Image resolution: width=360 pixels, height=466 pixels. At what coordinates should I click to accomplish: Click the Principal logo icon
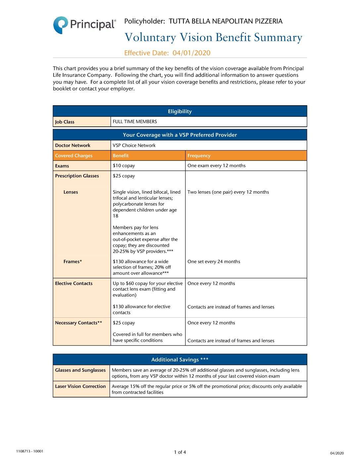click(61, 25)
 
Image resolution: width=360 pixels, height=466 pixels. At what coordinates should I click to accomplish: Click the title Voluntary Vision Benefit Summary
click(213, 37)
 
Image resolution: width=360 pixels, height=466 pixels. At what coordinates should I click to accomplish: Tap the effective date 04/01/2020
click(191, 53)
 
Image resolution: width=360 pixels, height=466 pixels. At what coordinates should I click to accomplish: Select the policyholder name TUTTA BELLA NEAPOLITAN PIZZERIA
click(225, 22)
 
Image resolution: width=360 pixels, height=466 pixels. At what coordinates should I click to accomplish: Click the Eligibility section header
click(180, 112)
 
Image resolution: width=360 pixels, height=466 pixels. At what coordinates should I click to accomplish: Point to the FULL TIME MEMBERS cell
click(135, 122)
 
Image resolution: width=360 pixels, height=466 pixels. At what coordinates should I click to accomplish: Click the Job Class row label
click(65, 122)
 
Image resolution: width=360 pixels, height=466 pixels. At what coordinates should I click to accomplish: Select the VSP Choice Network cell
click(134, 145)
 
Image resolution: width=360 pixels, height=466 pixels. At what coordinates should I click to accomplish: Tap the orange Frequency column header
click(199, 156)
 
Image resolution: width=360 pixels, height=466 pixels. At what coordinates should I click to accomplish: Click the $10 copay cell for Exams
click(124, 165)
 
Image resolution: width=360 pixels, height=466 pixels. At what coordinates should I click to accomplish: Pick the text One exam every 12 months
click(216, 165)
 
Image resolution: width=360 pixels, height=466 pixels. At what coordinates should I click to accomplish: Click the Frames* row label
click(73, 261)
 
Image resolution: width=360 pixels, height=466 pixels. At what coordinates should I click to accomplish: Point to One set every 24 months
click(214, 261)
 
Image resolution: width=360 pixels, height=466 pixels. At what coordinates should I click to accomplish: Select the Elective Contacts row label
click(74, 283)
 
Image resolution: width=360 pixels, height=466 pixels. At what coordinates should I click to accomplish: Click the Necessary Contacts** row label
click(78, 323)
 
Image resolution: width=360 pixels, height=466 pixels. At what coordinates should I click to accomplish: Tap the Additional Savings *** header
click(180, 360)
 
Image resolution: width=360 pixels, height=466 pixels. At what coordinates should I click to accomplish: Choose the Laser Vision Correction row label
click(80, 386)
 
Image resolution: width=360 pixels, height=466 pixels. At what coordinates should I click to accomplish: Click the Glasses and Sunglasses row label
click(80, 370)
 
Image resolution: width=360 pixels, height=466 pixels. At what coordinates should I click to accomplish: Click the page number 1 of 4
click(180, 452)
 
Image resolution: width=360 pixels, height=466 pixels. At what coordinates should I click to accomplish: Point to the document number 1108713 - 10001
click(29, 451)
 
